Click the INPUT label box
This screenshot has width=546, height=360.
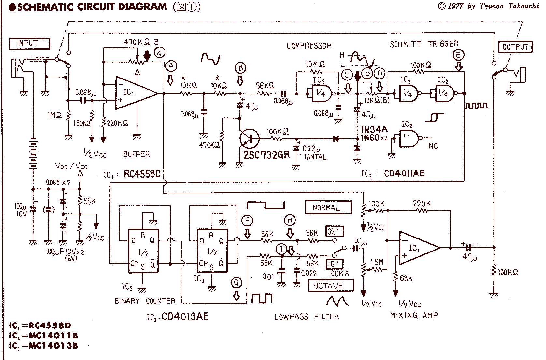point(30,43)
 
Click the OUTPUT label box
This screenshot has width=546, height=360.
point(515,47)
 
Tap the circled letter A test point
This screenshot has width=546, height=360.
point(171,66)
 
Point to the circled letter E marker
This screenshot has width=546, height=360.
point(458,55)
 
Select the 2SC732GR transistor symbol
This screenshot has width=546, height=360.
point(249,138)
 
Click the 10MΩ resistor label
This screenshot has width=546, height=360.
point(315,65)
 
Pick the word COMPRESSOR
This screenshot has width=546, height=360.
point(309,46)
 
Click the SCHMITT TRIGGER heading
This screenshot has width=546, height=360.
point(424,44)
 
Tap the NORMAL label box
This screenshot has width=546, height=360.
point(328,208)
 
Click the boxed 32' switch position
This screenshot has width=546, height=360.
point(335,231)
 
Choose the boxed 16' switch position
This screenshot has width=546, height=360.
point(334,264)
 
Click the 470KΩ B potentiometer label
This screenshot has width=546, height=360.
point(141,42)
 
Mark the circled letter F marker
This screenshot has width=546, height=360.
point(247,221)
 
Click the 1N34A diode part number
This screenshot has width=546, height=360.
point(374,130)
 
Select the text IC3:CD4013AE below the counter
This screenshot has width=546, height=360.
point(177,316)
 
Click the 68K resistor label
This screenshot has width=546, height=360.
point(406,279)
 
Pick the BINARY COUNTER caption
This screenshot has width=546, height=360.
point(145,301)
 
